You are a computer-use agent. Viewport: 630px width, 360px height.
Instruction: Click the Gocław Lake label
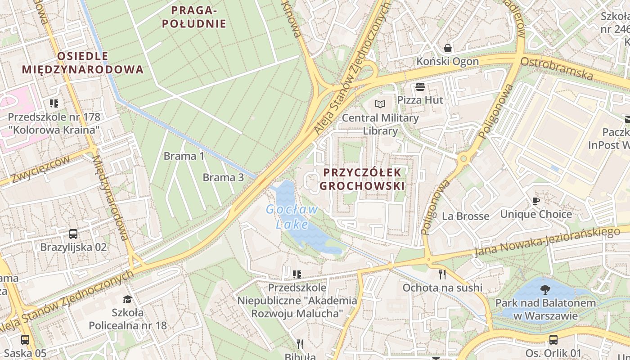(292, 216)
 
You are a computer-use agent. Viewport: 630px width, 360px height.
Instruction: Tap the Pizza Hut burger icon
(420, 86)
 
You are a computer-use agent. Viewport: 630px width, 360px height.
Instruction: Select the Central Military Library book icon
(380, 104)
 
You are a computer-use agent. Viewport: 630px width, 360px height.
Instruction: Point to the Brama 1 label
(184, 156)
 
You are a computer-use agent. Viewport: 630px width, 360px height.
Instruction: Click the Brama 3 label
(223, 177)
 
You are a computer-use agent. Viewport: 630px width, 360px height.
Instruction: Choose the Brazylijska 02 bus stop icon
(73, 234)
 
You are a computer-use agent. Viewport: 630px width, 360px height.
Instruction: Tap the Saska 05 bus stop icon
(25, 340)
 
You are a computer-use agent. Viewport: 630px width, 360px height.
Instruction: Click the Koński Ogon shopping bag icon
(448, 48)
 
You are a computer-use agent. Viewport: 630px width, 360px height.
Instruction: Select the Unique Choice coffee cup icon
(535, 201)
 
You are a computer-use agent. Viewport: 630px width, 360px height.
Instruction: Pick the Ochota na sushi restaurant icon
(442, 274)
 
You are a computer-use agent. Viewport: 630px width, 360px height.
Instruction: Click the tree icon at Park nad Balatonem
(545, 289)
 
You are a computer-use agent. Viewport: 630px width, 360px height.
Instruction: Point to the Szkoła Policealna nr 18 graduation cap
(128, 299)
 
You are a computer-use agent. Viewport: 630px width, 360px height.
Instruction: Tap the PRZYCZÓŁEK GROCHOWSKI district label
(362, 179)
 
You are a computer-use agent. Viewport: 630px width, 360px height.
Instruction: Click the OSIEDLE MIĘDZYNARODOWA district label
(83, 63)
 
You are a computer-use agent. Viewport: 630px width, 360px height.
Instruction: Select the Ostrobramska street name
(557, 67)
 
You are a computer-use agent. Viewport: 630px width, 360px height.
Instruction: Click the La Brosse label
(465, 216)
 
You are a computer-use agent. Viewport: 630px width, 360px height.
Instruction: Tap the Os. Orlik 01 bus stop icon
(553, 340)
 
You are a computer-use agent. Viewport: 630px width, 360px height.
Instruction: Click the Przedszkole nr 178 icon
(54, 103)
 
